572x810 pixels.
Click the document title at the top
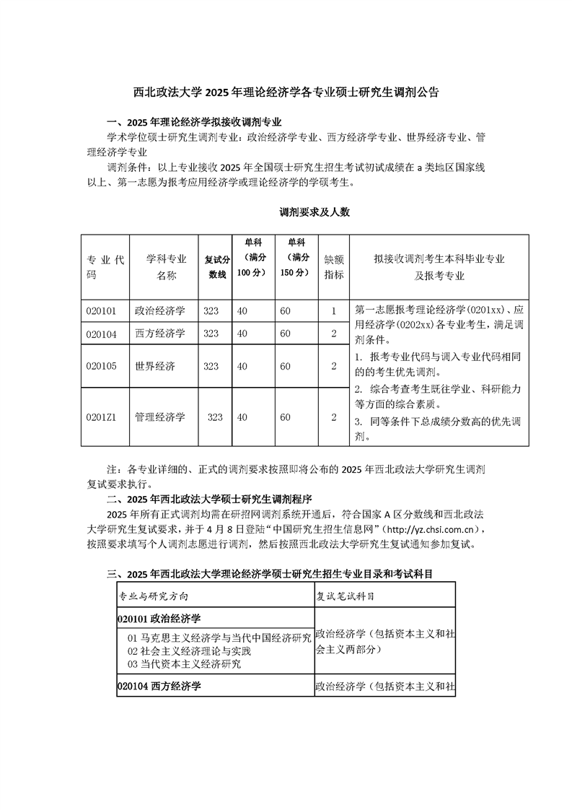coord(286,92)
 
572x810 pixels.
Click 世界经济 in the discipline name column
coord(155,366)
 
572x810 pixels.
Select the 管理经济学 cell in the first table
coord(160,417)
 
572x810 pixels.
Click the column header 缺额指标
coord(333,267)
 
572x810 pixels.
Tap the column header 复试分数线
coord(215,267)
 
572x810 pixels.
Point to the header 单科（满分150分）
coord(296,258)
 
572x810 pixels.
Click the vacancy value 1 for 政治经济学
coord(333,311)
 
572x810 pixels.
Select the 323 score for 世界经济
coord(211,366)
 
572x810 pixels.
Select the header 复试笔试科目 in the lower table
coord(346,597)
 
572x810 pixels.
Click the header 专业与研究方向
coord(154,597)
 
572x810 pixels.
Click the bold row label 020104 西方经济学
coord(159,687)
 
